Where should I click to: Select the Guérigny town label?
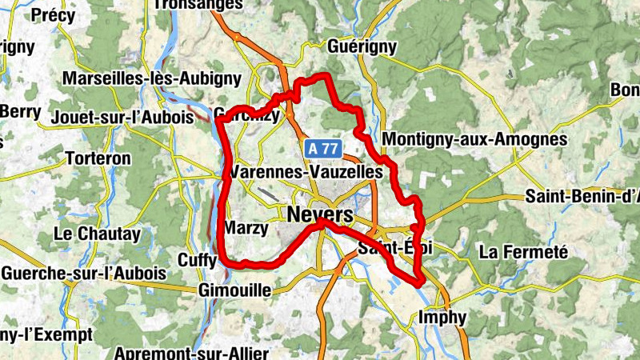[362, 47]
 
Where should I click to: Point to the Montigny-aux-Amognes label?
[475, 139]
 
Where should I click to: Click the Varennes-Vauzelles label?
[311, 172]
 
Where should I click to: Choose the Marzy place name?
[246, 229]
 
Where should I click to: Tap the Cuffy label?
[197, 261]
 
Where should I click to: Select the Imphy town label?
[442, 318]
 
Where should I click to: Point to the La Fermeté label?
[523, 252]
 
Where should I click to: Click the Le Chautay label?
[96, 234]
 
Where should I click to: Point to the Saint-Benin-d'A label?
[582, 196]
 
